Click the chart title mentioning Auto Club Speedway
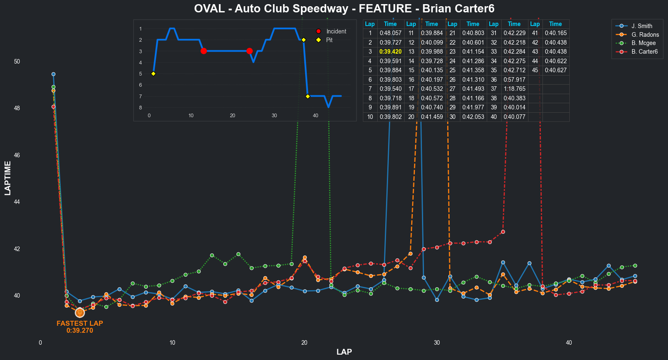[x=344, y=9]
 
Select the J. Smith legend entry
[x=642, y=26]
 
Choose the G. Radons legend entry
[x=645, y=35]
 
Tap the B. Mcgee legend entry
[x=643, y=43]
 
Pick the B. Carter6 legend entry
[x=644, y=52]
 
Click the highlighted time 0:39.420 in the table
[x=390, y=52]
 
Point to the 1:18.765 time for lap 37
[x=514, y=89]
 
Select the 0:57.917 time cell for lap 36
[x=514, y=80]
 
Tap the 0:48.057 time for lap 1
[x=390, y=33]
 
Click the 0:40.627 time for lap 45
[x=555, y=70]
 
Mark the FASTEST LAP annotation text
[x=80, y=324]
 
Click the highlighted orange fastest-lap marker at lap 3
[x=80, y=313]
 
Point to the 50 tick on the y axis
[x=17, y=62]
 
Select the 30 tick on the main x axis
[x=436, y=343]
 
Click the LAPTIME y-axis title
[x=8, y=178]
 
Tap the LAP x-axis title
[x=344, y=352]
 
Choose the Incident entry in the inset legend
[x=336, y=31]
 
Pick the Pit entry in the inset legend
[x=329, y=40]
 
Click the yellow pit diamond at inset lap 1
[x=153, y=74]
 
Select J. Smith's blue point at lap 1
[x=53, y=74]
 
